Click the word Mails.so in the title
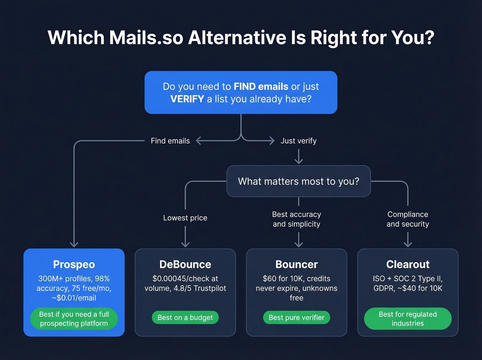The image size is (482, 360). point(146,38)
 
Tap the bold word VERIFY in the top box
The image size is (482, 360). point(187,99)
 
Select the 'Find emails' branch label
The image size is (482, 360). point(170,141)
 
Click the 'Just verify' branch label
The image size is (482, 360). point(298,141)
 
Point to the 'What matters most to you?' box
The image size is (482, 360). point(298,181)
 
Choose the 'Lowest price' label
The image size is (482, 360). point(185,218)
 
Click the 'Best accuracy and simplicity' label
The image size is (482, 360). point(296,219)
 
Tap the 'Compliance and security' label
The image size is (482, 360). point(408,219)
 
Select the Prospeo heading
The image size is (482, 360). point(74,264)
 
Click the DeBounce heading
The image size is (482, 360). point(185,264)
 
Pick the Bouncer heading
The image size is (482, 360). point(296,264)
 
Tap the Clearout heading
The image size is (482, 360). point(408,264)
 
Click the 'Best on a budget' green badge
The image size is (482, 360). point(185,318)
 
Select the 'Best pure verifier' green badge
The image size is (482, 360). point(296,318)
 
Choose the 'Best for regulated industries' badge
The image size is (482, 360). point(408,319)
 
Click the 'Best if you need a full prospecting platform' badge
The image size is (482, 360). point(74,319)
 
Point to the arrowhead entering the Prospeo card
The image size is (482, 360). point(74,244)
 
